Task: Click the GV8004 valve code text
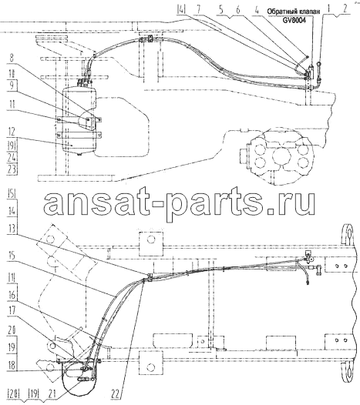coord(294,20)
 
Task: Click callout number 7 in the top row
coord(198,9)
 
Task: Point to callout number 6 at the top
coord(238,9)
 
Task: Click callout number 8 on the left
coord(12,57)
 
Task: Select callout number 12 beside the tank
coord(12,132)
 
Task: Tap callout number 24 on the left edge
coord(12,157)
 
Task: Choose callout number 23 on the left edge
coord(12,169)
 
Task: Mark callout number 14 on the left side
coord(12,211)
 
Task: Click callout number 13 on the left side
coord(12,229)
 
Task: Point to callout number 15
coord(12,256)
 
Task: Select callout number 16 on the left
coord(12,294)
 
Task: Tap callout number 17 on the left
coord(12,310)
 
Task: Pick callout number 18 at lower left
coord(12,365)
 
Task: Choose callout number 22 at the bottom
coord(116,394)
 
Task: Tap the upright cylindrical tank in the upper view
coord(79,120)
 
